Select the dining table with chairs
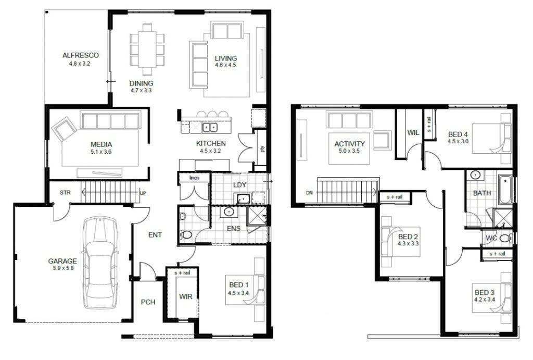pyautogui.click(x=147, y=49)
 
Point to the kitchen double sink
pyautogui.click(x=210, y=127)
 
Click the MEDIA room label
pyautogui.click(x=101, y=144)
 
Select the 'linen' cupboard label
pyautogui.click(x=195, y=178)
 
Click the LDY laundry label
pyautogui.click(x=239, y=185)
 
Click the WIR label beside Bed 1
pyautogui.click(x=185, y=296)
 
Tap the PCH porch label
pyautogui.click(x=148, y=302)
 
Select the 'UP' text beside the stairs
pyautogui.click(x=143, y=193)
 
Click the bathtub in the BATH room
pyautogui.click(x=504, y=190)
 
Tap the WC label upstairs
pyautogui.click(x=491, y=238)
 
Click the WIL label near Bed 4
pyautogui.click(x=413, y=133)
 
